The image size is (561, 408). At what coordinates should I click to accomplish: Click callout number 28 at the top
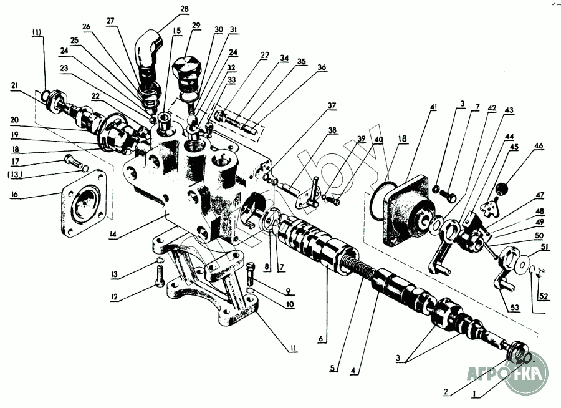184,9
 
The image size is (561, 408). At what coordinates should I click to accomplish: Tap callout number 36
321,67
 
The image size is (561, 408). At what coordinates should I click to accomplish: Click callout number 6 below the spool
320,339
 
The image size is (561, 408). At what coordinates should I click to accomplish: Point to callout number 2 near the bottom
445,392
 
